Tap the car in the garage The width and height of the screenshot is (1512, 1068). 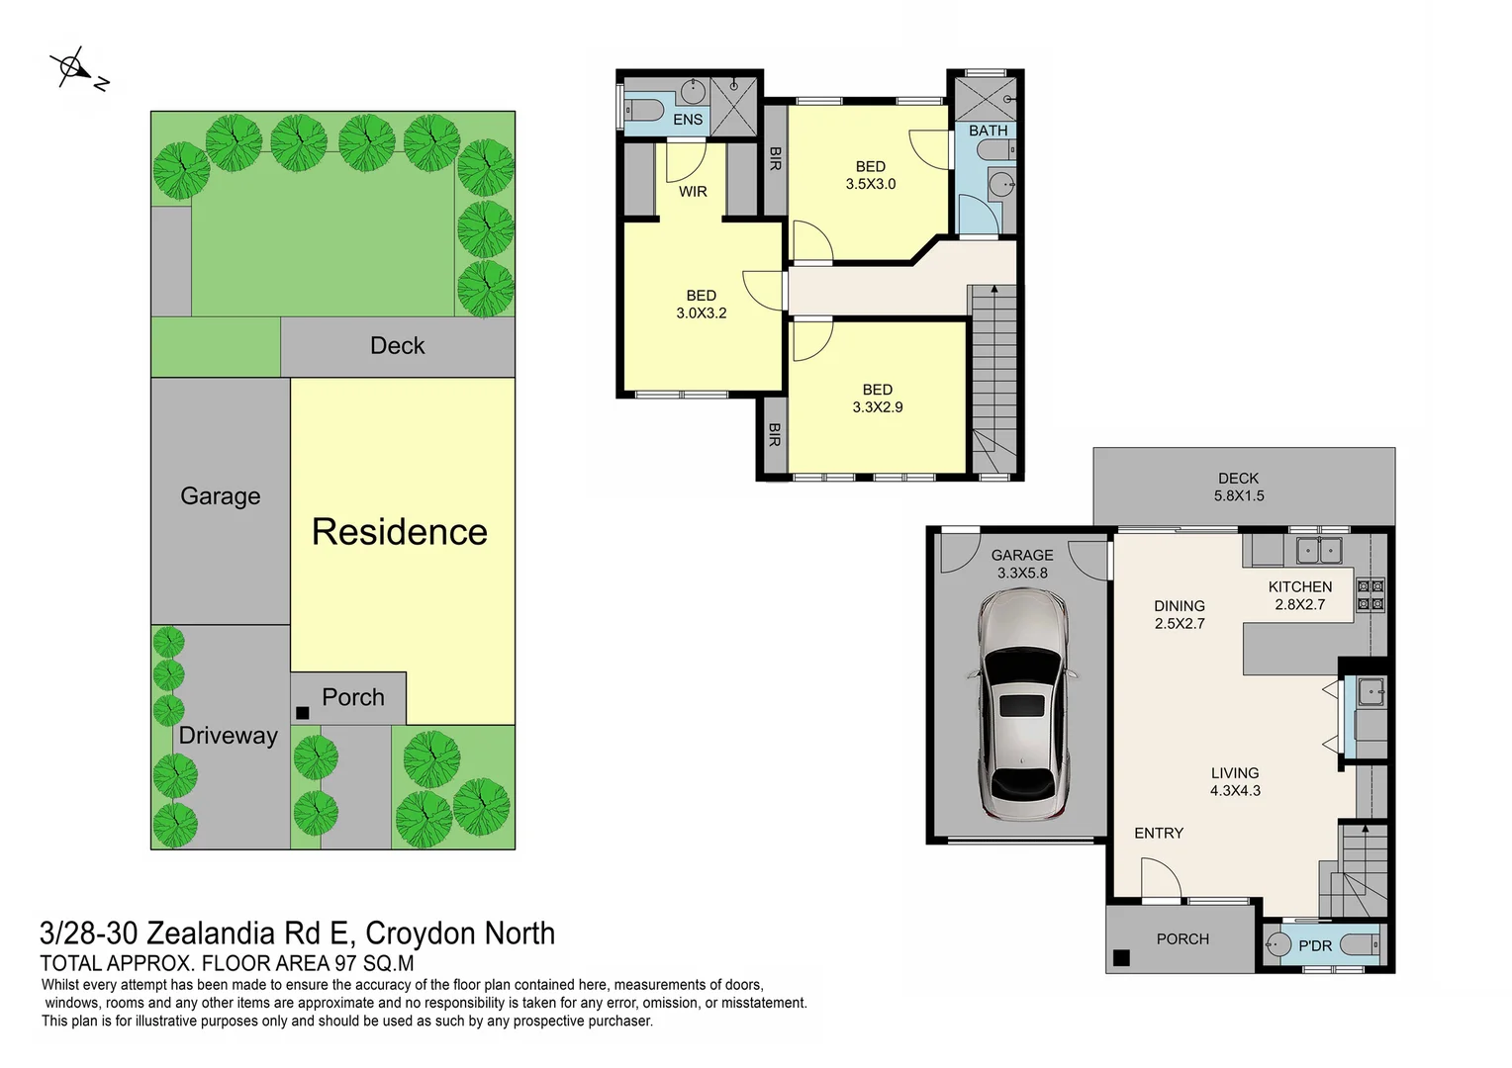point(1021,704)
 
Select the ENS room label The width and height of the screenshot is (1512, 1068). point(688,120)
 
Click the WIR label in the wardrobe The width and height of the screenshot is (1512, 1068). point(693,192)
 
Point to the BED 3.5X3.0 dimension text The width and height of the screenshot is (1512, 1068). point(871,184)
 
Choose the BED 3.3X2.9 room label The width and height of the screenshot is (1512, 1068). point(877,399)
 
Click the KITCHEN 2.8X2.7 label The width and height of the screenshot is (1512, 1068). point(1299,595)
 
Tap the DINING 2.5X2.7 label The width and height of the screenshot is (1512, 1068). point(1180,614)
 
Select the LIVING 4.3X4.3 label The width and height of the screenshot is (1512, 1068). point(1235,781)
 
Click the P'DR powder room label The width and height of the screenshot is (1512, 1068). point(1315,946)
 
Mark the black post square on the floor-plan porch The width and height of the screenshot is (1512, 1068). point(1120,957)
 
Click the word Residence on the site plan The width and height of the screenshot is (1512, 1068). point(400,532)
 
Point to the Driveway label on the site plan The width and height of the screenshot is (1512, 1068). point(228,736)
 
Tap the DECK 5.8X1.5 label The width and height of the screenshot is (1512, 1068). point(1239,487)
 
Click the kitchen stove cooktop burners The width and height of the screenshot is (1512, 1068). point(1370,593)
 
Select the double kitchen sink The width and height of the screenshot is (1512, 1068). point(1319,549)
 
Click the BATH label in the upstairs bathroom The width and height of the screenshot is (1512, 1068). point(988,131)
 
